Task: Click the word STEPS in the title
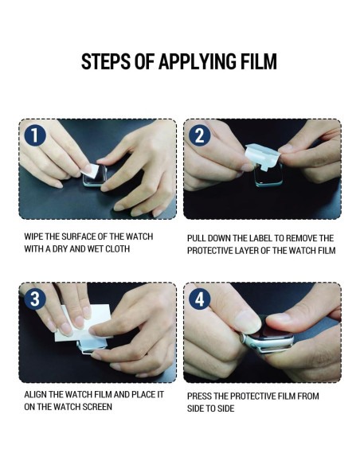[x=106, y=61]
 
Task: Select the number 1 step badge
[x=35, y=135]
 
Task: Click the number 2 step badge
[x=200, y=135]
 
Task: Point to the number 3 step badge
[x=35, y=299]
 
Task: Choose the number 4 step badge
[x=200, y=299]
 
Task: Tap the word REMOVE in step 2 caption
[x=299, y=238]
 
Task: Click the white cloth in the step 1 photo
[x=90, y=171]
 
